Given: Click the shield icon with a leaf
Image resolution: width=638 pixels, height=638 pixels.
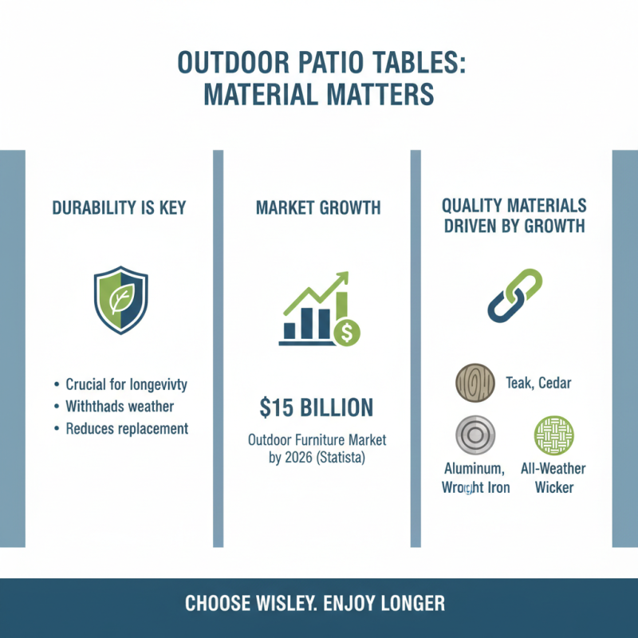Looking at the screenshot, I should click(120, 300).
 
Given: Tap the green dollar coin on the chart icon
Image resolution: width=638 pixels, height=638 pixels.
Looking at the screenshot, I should click(347, 333).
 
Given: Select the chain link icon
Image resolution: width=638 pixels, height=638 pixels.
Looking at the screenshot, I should click(514, 296).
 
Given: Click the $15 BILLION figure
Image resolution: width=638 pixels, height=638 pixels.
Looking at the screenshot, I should click(317, 408).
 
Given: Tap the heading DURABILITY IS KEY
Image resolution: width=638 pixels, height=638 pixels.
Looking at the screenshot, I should click(119, 208).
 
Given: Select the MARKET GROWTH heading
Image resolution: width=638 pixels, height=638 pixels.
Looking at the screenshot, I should click(318, 208).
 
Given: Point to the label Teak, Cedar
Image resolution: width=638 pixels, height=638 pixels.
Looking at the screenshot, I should click(538, 384).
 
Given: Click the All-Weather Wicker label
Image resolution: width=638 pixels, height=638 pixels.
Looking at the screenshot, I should click(553, 478).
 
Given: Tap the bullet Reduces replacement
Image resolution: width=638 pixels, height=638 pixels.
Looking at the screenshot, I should click(126, 428).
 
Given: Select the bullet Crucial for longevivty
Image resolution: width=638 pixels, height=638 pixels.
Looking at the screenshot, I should click(126, 385).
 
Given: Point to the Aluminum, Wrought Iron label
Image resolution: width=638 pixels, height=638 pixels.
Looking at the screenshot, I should click(476, 478).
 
